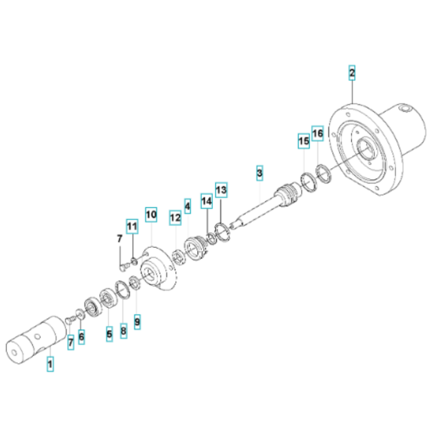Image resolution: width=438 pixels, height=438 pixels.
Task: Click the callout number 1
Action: click(x=51, y=364)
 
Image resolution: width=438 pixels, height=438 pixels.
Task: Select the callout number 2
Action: click(x=352, y=73)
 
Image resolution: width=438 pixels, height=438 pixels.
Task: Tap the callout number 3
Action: click(x=259, y=171)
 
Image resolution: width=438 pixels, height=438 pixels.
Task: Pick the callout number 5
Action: click(x=109, y=334)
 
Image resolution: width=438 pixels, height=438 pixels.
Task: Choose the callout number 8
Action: click(x=123, y=331)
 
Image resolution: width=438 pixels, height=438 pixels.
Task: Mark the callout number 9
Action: click(x=138, y=321)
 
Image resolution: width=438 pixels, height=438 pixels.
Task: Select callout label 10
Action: click(x=151, y=214)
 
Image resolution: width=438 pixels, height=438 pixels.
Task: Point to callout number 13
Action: click(x=221, y=189)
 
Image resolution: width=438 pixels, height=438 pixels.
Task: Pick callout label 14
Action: click(x=206, y=201)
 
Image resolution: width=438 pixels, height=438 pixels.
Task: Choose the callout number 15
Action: click(x=303, y=141)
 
